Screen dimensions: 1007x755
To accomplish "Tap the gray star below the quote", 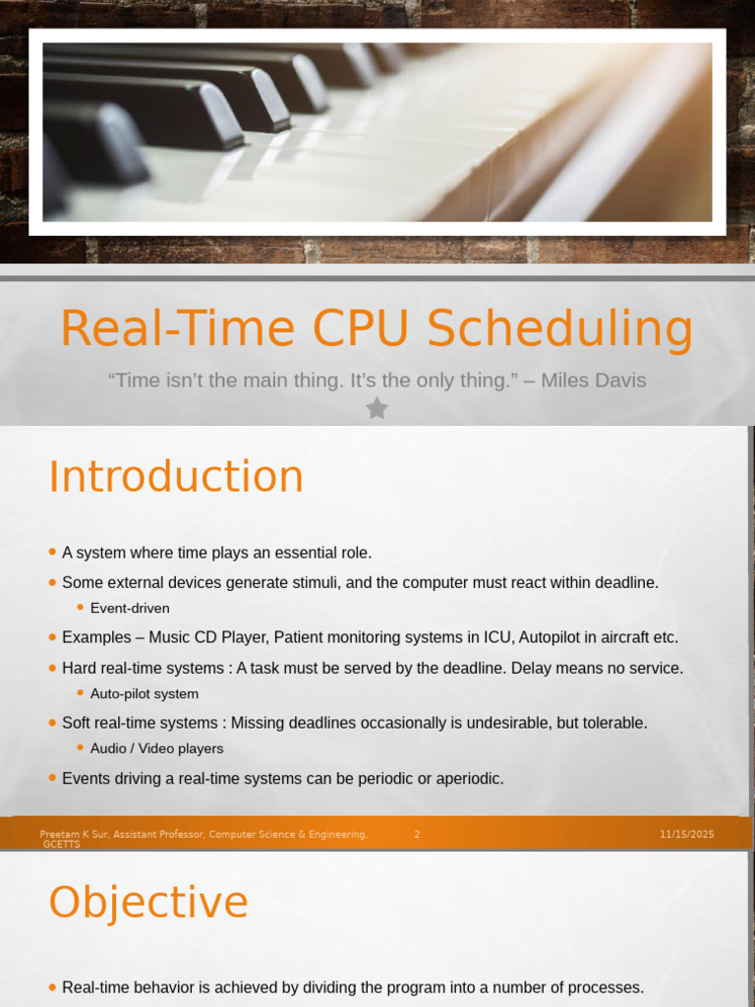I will (377, 408).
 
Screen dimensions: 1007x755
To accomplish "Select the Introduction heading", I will (176, 477).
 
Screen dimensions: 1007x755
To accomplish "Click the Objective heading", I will (148, 903).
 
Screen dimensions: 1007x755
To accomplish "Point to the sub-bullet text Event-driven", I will (130, 609).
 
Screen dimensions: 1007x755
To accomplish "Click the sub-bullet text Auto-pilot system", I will (145, 694).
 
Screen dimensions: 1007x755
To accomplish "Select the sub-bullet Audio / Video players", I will (156, 748).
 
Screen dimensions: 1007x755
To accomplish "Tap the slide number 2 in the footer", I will (417, 834).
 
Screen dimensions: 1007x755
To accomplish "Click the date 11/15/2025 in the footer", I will (687, 834).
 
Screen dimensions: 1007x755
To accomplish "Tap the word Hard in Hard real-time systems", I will (79, 669).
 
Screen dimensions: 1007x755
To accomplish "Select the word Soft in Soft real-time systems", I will (77, 723).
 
